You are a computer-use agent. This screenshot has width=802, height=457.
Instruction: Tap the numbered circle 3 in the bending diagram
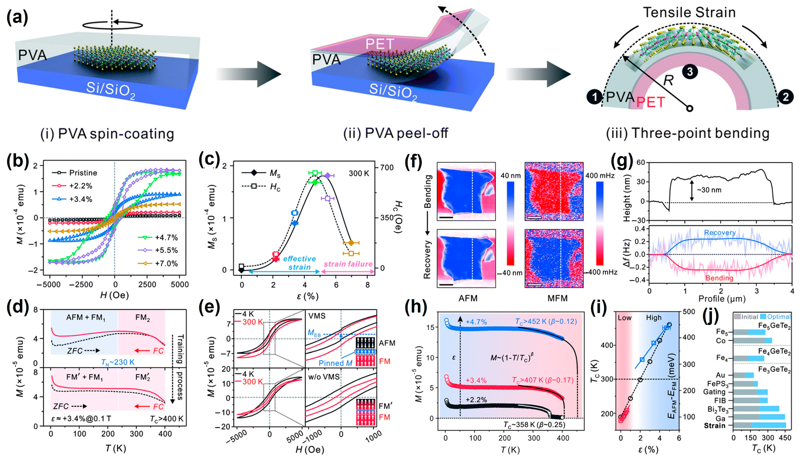[x=689, y=72]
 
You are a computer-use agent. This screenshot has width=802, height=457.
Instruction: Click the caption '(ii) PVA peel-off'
[x=396, y=133]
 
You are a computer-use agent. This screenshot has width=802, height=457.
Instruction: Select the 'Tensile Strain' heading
[x=689, y=13]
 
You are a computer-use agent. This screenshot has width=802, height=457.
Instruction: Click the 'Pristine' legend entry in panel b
[x=83, y=172]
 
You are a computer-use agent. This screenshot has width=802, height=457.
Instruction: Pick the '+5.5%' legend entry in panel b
[x=166, y=250]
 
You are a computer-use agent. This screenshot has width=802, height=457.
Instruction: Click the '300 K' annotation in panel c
[x=360, y=173]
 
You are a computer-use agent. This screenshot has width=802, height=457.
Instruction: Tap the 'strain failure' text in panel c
[x=348, y=264]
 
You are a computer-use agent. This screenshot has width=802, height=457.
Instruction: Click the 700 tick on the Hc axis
[x=387, y=167]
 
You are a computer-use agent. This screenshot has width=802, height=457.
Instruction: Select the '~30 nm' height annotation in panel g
[x=709, y=190]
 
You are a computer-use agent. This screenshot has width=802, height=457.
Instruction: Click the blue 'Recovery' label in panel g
[x=720, y=233]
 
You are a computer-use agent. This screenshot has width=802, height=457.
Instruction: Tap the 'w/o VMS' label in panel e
[x=323, y=376]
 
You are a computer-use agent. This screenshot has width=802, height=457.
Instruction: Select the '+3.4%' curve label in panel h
[x=476, y=380]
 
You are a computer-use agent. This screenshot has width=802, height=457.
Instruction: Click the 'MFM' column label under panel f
[x=557, y=298]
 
